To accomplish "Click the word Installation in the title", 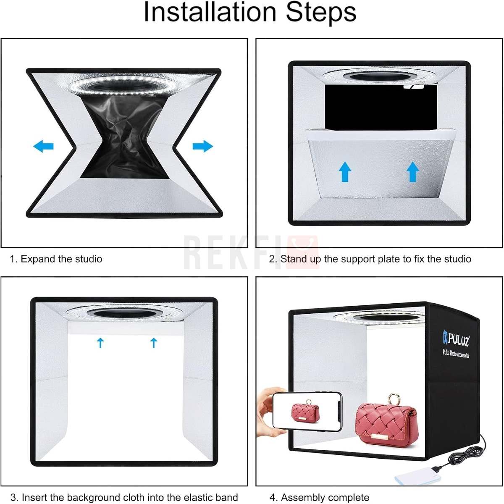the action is click(x=210, y=12).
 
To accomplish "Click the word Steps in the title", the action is click(x=321, y=13).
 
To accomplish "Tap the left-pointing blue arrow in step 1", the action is click(x=43, y=146).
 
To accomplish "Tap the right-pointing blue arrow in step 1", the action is click(x=203, y=146).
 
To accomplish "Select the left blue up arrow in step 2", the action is click(x=345, y=172).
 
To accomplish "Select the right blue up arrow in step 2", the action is click(x=413, y=172).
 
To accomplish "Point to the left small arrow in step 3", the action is click(x=100, y=343).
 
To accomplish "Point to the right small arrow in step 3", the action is click(x=154, y=343).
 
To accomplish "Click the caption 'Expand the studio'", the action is click(x=61, y=259).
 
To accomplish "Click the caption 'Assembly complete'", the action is click(x=325, y=497).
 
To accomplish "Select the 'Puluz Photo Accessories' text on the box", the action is click(x=456, y=354).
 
